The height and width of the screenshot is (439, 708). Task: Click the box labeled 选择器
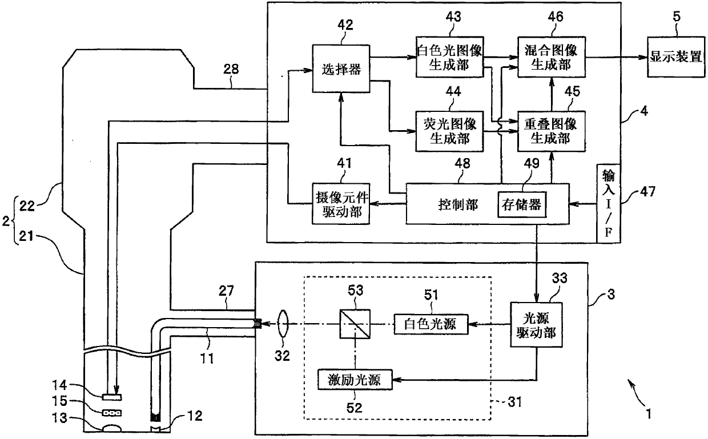pyautogui.click(x=341, y=69)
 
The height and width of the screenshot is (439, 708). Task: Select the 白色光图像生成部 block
pyautogui.click(x=449, y=57)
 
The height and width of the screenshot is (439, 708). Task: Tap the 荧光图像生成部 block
pyautogui.click(x=449, y=131)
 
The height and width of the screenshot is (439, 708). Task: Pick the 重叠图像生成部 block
pyautogui.click(x=551, y=131)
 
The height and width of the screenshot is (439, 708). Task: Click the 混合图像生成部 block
pyautogui.click(x=551, y=57)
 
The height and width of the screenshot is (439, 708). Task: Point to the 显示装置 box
pyautogui.click(x=676, y=57)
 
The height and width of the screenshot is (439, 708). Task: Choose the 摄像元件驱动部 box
pyautogui.click(x=341, y=204)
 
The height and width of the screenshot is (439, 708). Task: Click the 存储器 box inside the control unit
pyautogui.click(x=522, y=204)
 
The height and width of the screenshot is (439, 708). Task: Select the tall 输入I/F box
pyautogui.click(x=609, y=203)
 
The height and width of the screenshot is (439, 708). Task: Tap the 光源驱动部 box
pyautogui.click(x=536, y=325)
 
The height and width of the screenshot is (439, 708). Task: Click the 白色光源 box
pyautogui.click(x=431, y=324)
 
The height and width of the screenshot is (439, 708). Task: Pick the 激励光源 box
pyautogui.click(x=355, y=380)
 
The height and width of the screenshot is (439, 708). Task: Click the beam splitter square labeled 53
pyautogui.click(x=355, y=324)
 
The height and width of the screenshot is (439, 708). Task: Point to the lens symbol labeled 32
pyautogui.click(x=283, y=324)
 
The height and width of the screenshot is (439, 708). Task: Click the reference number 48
pyautogui.click(x=462, y=163)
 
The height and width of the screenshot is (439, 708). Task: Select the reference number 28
pyautogui.click(x=231, y=69)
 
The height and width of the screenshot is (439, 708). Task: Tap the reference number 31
pyautogui.click(x=514, y=402)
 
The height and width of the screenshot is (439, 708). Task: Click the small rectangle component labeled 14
pyautogui.click(x=111, y=397)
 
